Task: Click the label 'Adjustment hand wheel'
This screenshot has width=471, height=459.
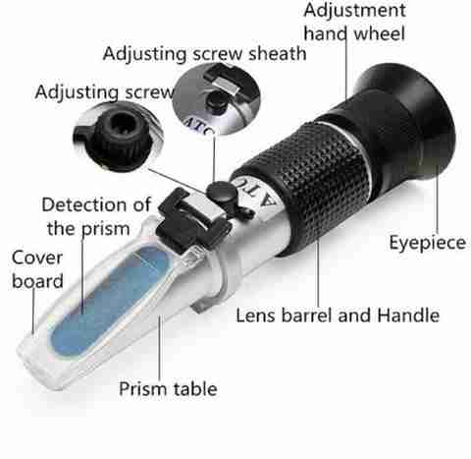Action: click(x=354, y=22)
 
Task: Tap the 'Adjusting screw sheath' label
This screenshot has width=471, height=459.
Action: click(x=204, y=54)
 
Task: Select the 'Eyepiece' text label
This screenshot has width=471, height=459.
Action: click(x=428, y=243)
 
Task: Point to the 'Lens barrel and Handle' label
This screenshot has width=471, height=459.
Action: click(x=338, y=316)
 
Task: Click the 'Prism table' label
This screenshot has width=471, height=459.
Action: click(x=168, y=388)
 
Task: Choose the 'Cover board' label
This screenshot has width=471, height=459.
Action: click(x=37, y=269)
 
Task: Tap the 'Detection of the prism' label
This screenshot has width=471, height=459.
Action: click(x=96, y=216)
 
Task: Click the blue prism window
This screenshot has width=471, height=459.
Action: click(x=111, y=300)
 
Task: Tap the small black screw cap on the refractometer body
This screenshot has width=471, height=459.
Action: click(x=222, y=192)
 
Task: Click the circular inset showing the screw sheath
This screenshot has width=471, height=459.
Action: click(x=217, y=98)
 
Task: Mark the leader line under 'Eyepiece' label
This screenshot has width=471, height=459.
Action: click(x=438, y=200)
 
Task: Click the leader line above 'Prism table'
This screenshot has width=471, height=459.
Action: click(x=160, y=347)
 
